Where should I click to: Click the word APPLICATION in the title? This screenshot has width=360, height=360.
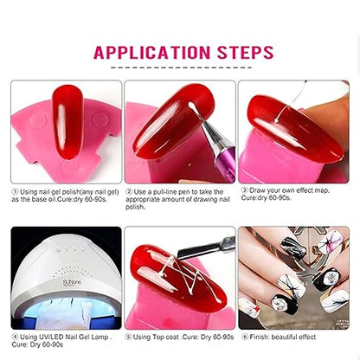pos(151,53)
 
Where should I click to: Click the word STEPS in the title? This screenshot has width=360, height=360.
pos(245,53)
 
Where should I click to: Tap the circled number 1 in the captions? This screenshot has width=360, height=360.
pos(15,192)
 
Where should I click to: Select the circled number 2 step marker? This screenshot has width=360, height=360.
pos(129,192)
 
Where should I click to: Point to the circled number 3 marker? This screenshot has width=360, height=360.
pos(244,190)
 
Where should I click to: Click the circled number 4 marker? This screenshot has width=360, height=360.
pos(15,337)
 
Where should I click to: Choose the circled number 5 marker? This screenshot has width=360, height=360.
pos(128,337)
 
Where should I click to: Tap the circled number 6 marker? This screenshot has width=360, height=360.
pos(245,337)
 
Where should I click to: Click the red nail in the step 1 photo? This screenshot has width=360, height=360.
pos(68,121)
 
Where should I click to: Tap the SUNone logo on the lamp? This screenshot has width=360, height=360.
pos(72,282)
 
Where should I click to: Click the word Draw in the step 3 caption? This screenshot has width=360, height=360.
pos(257,190)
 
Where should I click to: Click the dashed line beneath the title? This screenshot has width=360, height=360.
pos(181,68)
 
